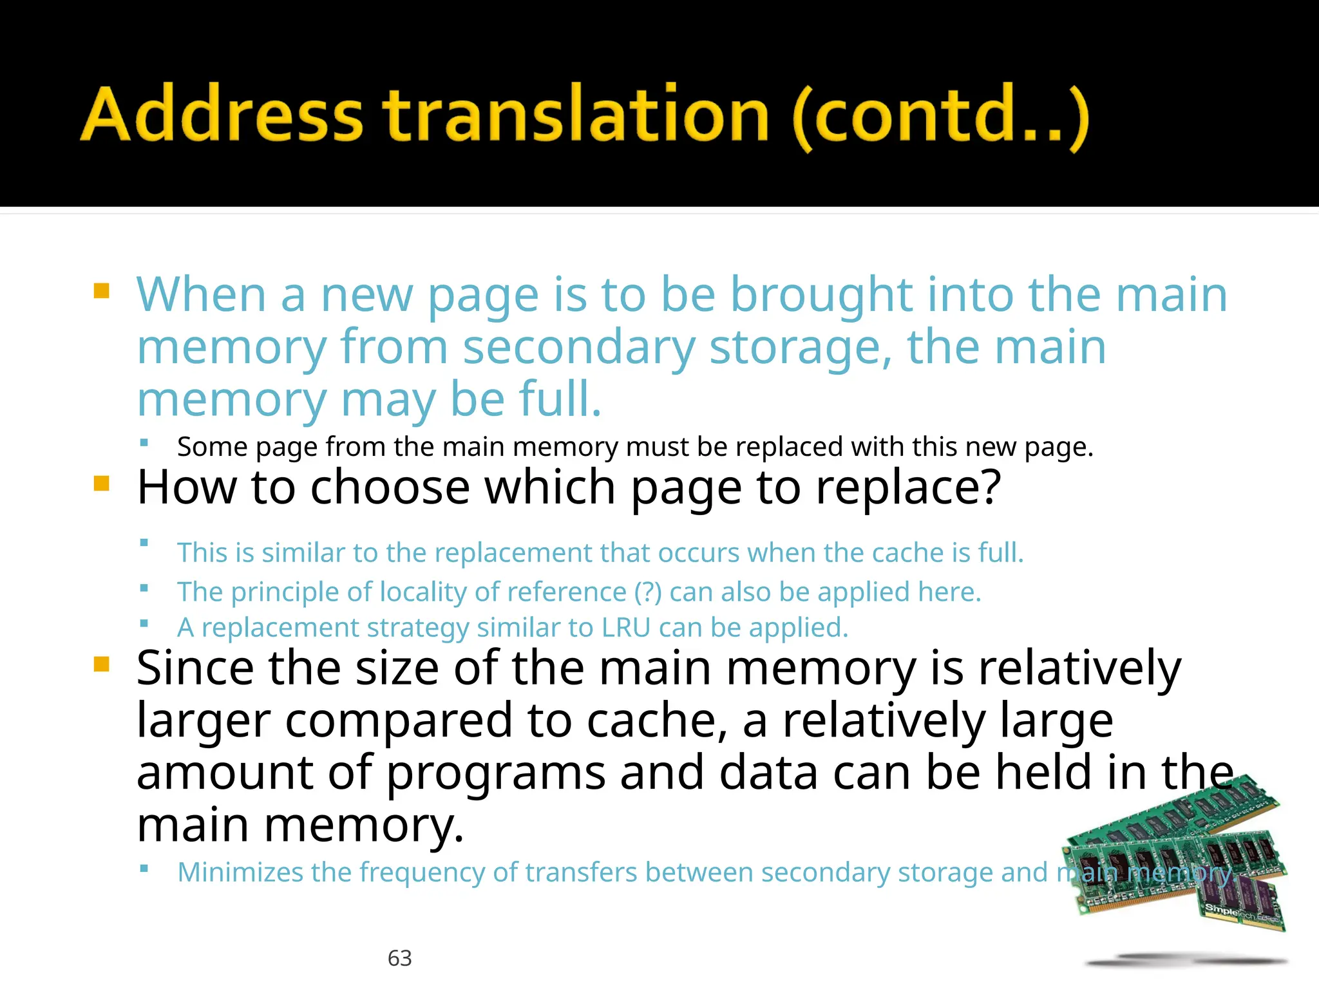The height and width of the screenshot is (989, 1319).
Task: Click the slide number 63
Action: pyautogui.click(x=399, y=958)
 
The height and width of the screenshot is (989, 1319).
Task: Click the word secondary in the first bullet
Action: pyautogui.click(x=579, y=347)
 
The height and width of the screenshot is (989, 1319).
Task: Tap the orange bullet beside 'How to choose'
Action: pyautogui.click(x=102, y=484)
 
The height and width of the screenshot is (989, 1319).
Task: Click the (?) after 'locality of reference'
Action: pyautogui.click(x=647, y=592)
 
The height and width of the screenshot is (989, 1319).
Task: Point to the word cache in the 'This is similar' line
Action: pyautogui.click(x=909, y=553)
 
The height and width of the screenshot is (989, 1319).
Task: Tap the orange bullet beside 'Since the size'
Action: pyautogui.click(x=102, y=664)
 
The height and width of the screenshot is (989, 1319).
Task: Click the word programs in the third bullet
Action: pyautogui.click(x=496, y=773)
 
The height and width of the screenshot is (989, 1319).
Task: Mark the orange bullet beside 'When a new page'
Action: pyautogui.click(x=102, y=291)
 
